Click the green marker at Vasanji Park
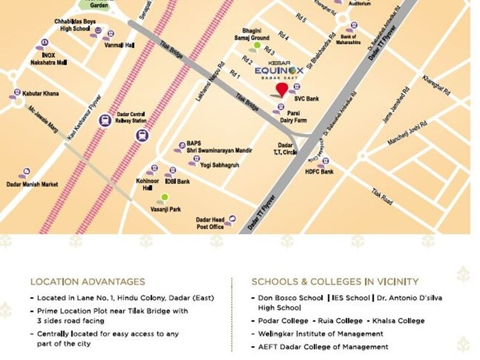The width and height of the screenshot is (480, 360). pos(164,198)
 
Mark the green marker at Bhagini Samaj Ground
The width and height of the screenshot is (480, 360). pos(257,45)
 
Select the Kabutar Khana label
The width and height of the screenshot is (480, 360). pos(40,93)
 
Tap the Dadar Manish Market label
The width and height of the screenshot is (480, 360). pos(32,184)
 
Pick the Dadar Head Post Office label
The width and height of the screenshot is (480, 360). pos(209,223)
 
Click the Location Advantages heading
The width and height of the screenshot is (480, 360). pos(88,282)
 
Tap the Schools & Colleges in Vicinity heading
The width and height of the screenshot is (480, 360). pos(335,282)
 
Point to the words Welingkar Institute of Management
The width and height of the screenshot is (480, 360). pos(320,334)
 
